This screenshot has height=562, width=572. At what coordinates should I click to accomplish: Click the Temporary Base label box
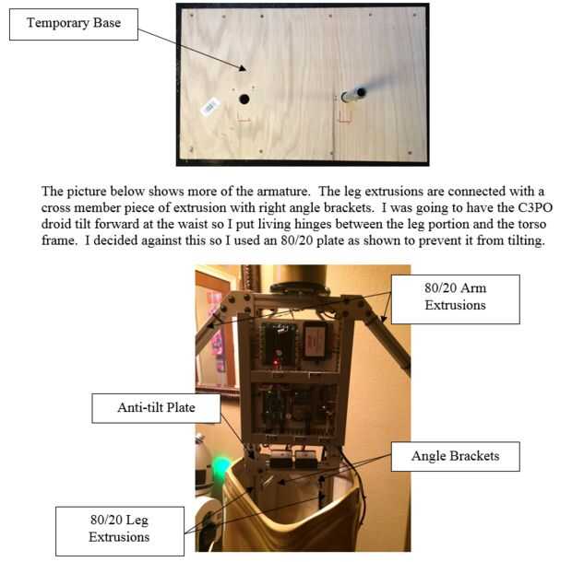74,24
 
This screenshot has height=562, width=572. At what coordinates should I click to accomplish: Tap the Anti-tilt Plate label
156,408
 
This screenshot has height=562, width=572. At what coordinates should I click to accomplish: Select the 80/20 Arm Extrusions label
455,299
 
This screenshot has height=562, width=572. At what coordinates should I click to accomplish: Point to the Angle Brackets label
455,456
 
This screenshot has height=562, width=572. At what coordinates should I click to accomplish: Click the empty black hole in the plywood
244,100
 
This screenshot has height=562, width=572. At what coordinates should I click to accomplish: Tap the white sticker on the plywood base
210,107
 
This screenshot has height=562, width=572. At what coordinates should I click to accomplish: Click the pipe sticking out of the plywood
353,94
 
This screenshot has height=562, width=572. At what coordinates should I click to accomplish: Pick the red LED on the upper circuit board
276,362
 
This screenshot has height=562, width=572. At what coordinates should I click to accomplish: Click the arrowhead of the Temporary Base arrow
243,68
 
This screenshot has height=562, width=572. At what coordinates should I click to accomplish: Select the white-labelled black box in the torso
316,341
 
